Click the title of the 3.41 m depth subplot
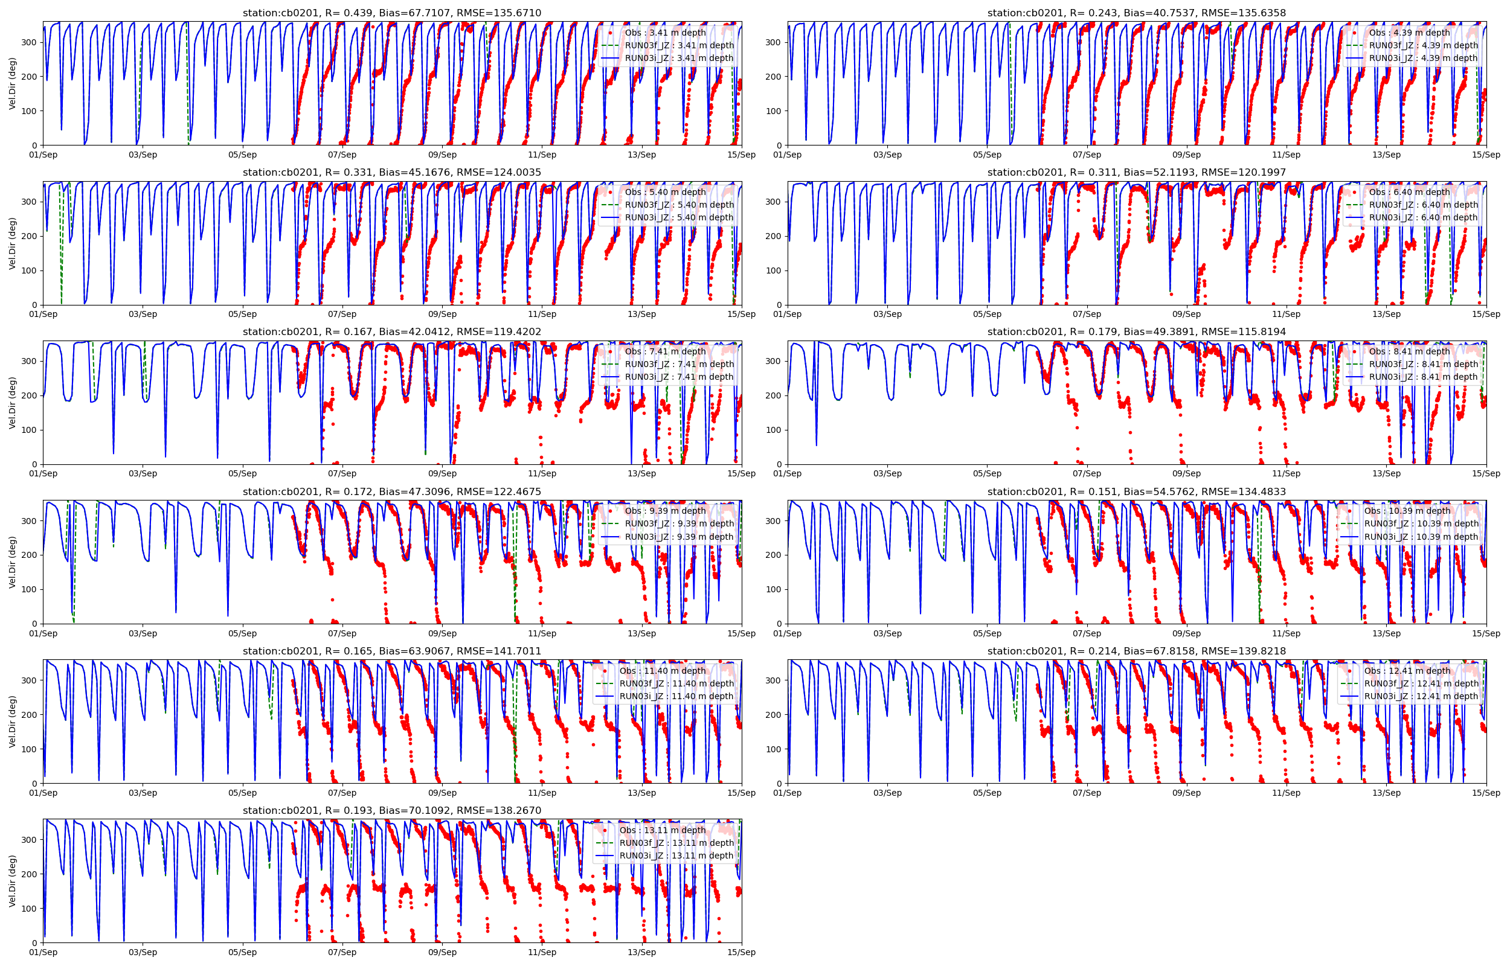point(391,13)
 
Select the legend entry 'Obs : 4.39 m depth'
point(1409,33)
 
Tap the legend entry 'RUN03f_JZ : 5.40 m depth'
point(679,205)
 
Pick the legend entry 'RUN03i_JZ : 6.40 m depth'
point(1423,218)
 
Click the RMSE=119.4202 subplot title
point(391,332)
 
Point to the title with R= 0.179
point(1136,332)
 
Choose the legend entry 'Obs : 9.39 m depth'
point(665,511)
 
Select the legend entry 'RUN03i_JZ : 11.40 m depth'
point(676,696)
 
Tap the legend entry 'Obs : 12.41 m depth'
point(1407,671)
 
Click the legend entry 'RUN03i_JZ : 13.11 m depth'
point(676,856)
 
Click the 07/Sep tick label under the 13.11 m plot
point(342,952)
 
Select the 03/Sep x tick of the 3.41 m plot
point(143,155)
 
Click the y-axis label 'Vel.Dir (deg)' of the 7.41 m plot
point(13,403)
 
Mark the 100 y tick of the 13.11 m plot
point(29,908)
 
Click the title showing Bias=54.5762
point(1136,492)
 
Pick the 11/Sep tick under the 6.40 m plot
point(1286,315)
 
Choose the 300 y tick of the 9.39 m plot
point(29,520)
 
